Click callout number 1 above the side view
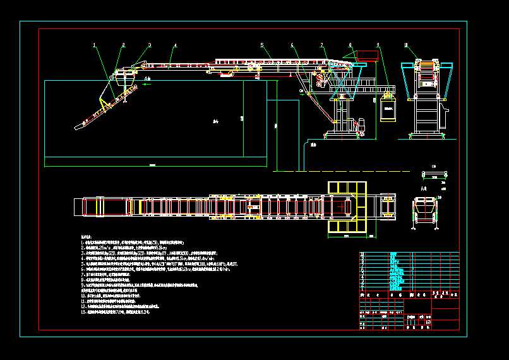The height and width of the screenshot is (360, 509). coord(94,45)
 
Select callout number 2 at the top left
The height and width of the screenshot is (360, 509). coord(124,45)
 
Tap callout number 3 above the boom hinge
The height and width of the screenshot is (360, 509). coord(150,45)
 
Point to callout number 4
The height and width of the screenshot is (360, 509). coord(175,45)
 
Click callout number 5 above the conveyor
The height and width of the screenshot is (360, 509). coord(262,45)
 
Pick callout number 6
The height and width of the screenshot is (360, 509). coord(292,45)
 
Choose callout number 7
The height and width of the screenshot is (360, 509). coord(321,45)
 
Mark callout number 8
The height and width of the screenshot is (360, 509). coord(350,45)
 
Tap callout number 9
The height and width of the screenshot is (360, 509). coord(378,45)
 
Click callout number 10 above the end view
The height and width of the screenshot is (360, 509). coord(406,45)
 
